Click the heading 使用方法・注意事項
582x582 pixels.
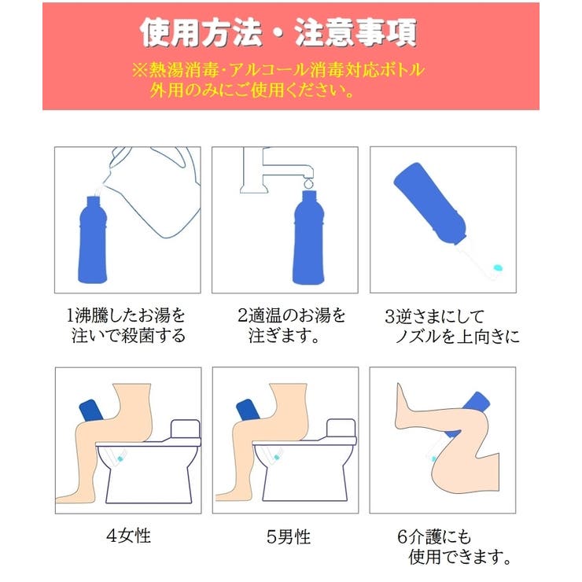(278, 33)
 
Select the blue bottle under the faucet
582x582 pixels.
(308, 244)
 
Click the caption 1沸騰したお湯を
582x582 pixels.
(127, 316)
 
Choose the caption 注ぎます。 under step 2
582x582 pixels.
(282, 337)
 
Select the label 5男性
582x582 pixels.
(289, 537)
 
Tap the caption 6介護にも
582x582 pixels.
(434, 537)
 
